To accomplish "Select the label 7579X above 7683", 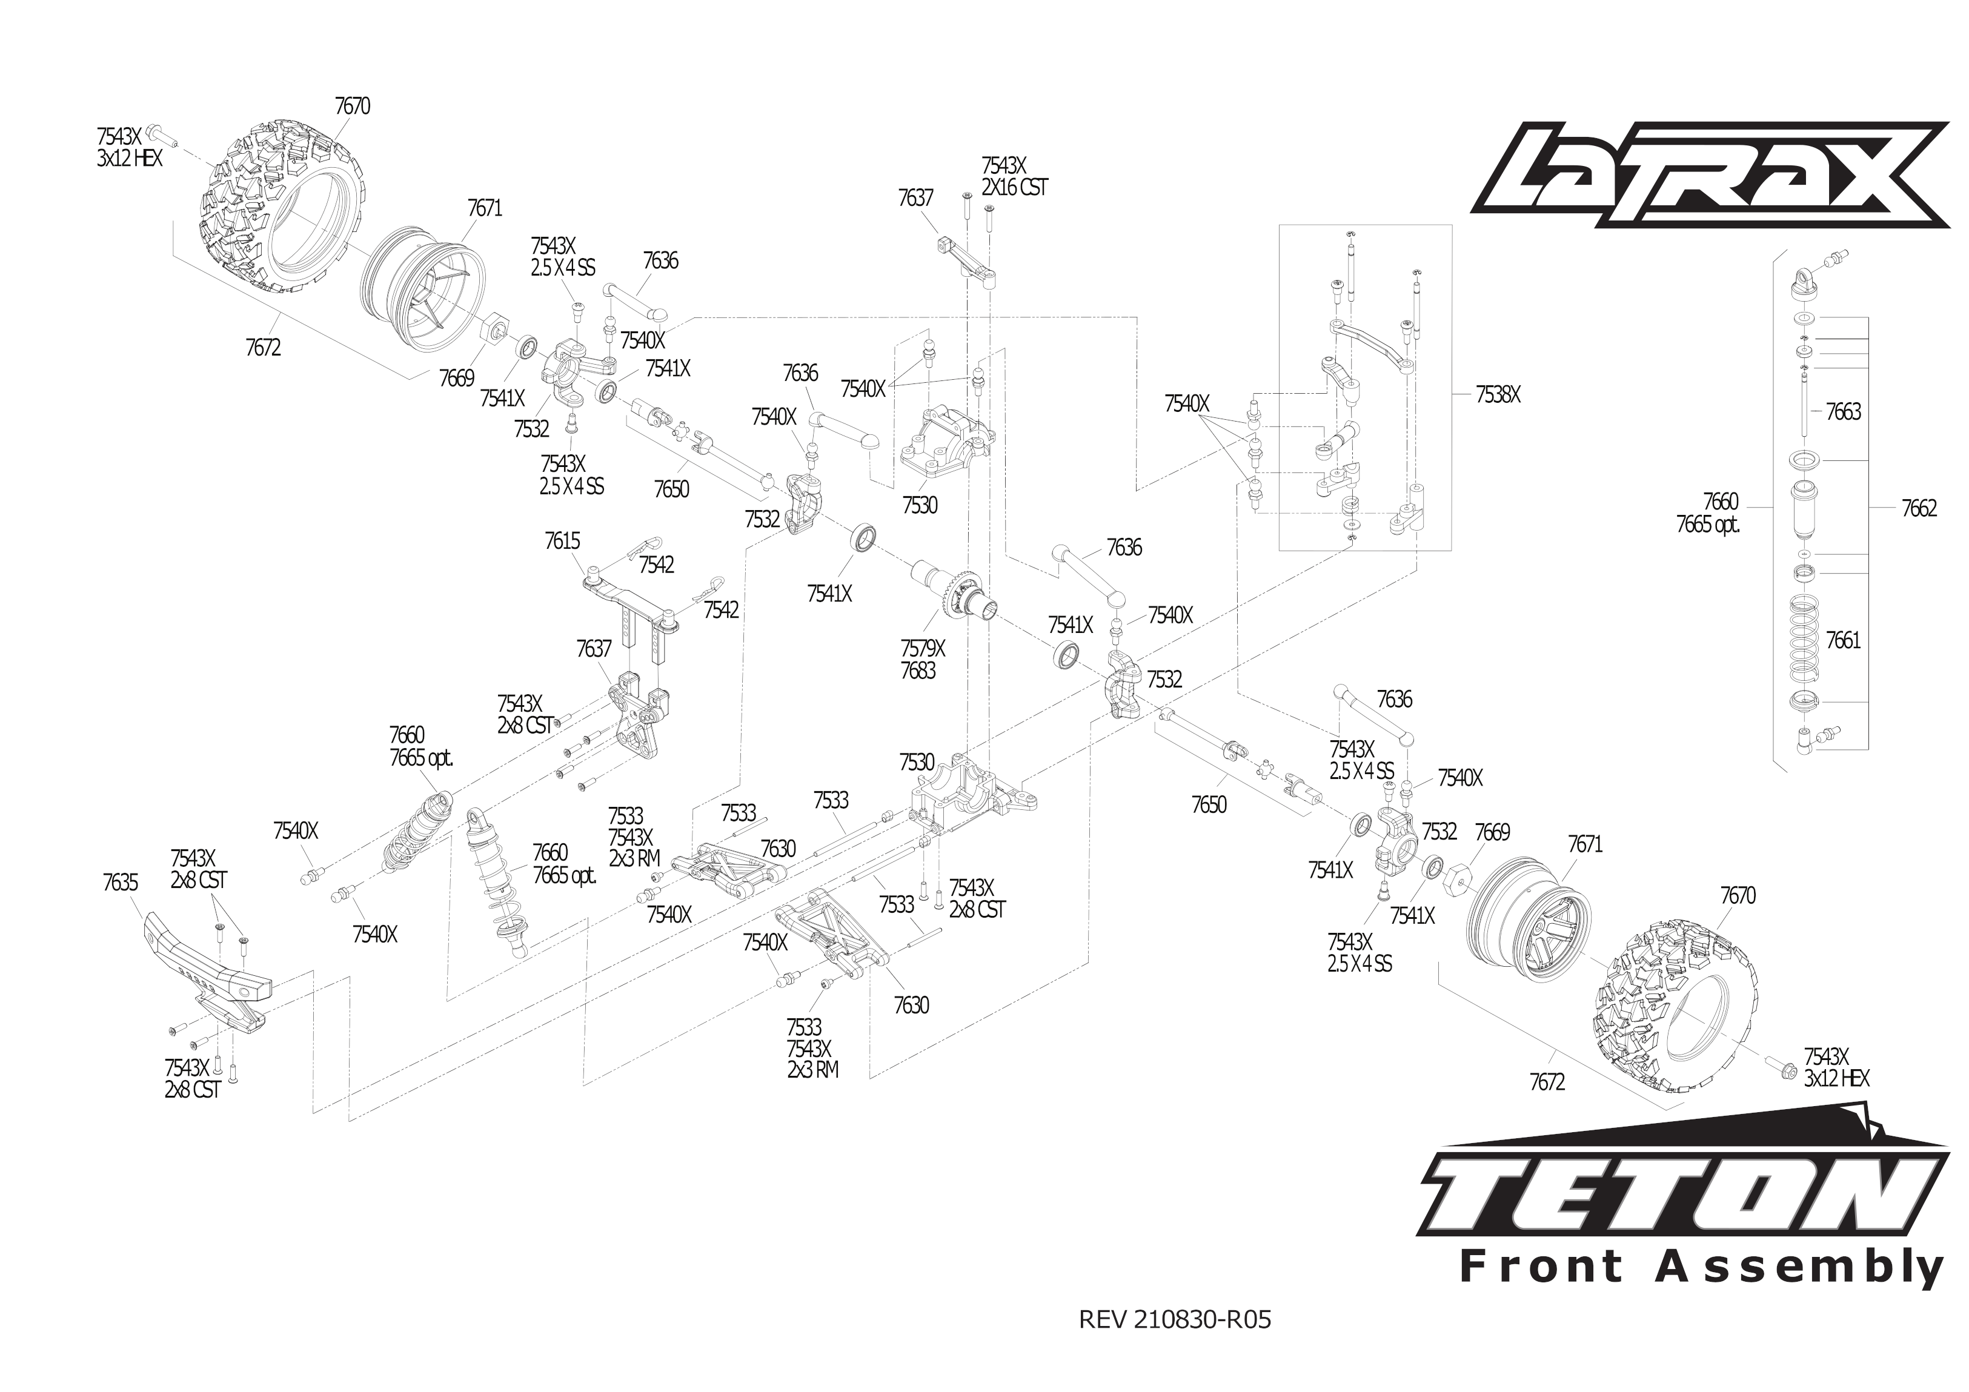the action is pos(923,648).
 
